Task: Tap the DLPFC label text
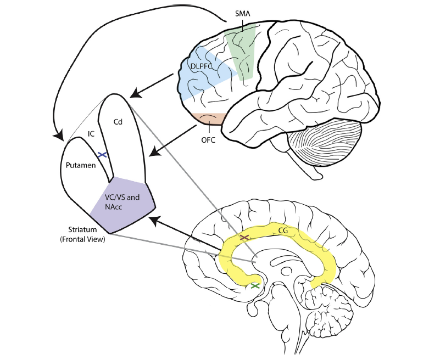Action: [202, 66]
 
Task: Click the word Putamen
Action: [80, 165]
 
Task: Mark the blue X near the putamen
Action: [101, 155]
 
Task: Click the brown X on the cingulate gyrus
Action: [244, 238]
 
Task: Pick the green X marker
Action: [254, 285]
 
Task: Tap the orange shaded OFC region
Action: [208, 119]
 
